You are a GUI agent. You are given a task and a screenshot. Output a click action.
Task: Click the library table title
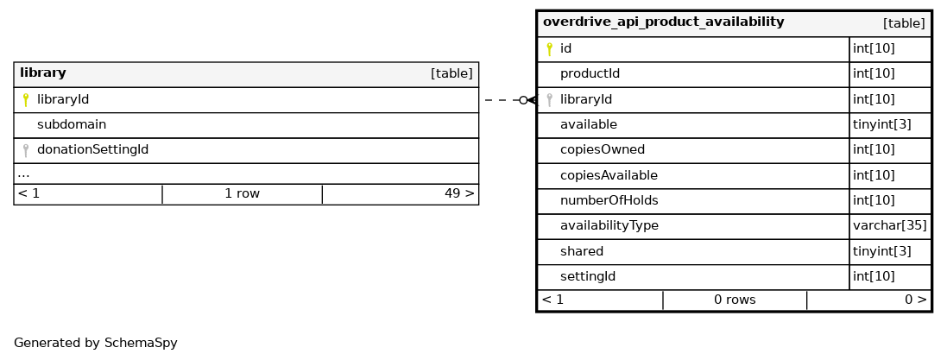43,73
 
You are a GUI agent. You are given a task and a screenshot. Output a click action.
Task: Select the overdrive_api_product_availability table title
663,22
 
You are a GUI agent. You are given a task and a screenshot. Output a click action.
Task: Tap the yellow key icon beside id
549,49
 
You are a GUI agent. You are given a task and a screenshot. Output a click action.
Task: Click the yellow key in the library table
25,99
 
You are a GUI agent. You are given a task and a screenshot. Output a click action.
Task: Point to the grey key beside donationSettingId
25,150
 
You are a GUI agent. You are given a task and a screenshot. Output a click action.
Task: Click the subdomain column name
72,124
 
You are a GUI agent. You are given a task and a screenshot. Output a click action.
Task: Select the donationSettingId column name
92,150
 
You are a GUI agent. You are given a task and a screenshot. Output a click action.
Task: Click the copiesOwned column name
603,150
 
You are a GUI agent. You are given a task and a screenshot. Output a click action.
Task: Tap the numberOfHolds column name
609,200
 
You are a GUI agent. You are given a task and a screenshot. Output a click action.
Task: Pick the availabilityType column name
609,226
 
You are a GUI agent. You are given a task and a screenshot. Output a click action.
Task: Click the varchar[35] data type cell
890,226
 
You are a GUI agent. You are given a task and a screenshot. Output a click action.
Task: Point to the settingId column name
588,276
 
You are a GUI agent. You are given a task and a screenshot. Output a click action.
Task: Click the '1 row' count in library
243,194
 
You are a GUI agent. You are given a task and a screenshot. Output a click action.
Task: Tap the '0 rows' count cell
735,300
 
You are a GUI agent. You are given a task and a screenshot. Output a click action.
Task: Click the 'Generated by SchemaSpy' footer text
96,343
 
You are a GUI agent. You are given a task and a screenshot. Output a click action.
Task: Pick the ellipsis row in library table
23,174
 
